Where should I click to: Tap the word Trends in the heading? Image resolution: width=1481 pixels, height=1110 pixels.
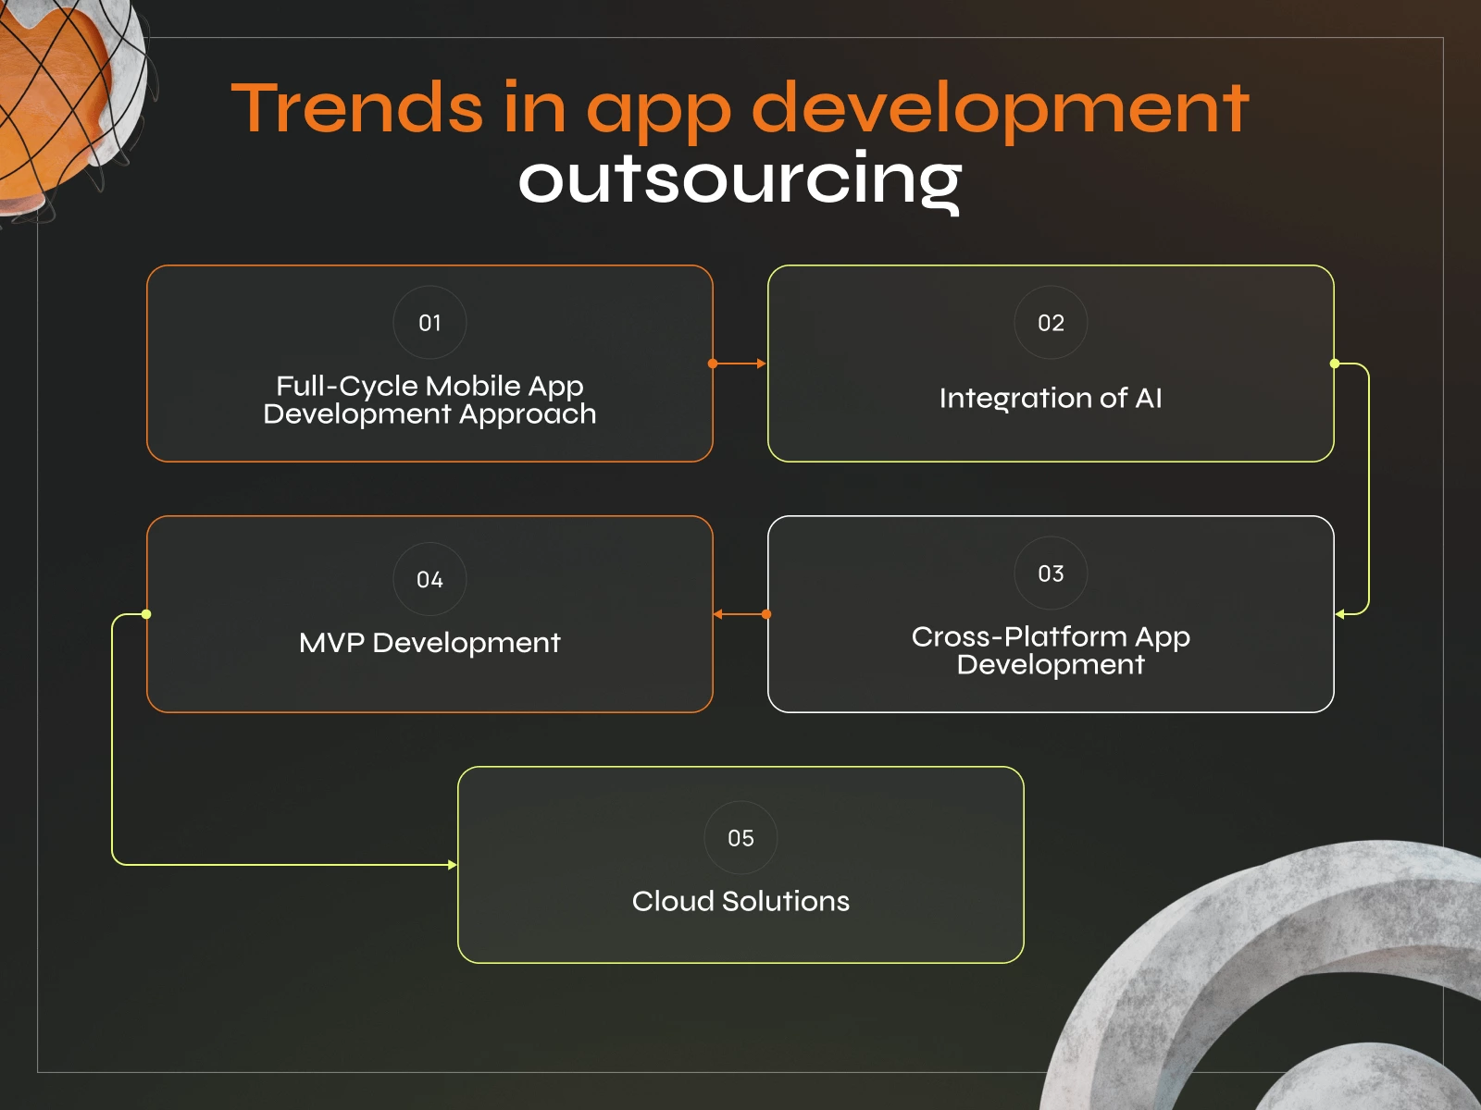[355, 108]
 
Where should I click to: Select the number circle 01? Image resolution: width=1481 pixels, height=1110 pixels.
[429, 323]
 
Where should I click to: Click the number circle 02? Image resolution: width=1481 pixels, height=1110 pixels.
[1051, 323]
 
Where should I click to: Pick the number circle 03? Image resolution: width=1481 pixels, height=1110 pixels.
[1051, 573]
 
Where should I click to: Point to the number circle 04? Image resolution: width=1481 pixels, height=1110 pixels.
[429, 579]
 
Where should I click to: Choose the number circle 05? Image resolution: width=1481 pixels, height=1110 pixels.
[740, 838]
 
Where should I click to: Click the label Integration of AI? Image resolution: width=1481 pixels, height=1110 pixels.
[1051, 398]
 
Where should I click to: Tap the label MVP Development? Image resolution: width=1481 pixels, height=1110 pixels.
[429, 643]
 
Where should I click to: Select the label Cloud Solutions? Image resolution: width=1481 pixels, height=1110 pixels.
[740, 901]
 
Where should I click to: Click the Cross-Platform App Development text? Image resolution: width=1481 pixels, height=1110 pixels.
[1051, 650]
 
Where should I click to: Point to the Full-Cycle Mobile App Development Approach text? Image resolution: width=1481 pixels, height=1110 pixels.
[429, 400]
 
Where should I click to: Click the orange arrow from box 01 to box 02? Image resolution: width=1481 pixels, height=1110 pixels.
[740, 364]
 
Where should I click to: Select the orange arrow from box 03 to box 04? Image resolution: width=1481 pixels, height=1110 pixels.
[740, 614]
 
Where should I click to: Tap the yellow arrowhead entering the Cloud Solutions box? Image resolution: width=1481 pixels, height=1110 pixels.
[452, 865]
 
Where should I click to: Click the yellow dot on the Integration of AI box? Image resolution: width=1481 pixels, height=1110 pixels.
[1335, 364]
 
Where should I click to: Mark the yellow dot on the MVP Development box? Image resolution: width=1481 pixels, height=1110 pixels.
[146, 614]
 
